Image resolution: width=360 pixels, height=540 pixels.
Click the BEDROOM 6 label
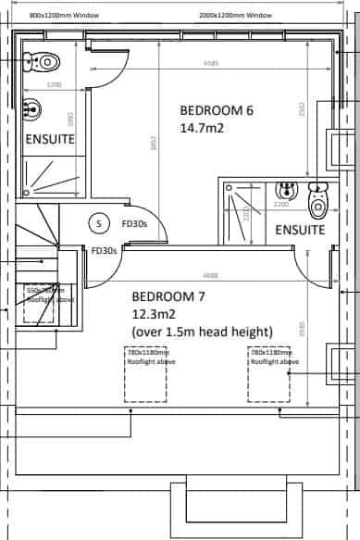216,109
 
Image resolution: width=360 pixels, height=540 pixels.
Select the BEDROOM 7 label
168,297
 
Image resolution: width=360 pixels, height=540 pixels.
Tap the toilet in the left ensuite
46,61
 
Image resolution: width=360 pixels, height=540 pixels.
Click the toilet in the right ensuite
317,197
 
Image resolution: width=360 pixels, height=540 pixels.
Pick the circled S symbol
98,223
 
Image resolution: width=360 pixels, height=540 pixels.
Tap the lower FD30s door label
102,250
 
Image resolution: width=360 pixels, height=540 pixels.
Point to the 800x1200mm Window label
64,16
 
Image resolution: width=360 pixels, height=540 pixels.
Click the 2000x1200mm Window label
235,16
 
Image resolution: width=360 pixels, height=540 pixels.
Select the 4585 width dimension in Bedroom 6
213,64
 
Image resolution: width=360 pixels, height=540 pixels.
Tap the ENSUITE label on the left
48,139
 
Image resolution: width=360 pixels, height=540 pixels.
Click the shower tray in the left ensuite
53,176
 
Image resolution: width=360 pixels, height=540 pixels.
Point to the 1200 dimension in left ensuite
54,84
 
